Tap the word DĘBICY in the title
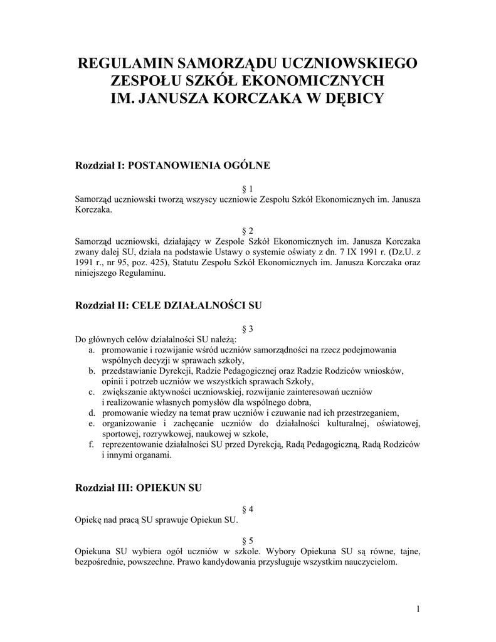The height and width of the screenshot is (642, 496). pyautogui.click(x=352, y=98)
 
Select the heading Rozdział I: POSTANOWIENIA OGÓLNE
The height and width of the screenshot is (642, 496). pyautogui.click(x=172, y=166)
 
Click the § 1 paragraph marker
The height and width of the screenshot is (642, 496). pyautogui.click(x=248, y=189)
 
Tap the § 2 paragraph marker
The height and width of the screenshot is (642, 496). pyautogui.click(x=248, y=230)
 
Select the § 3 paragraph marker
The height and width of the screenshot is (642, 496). pyautogui.click(x=248, y=329)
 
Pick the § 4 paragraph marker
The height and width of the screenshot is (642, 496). pyautogui.click(x=248, y=510)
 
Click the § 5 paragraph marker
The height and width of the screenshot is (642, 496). pyautogui.click(x=248, y=540)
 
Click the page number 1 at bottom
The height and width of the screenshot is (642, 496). pyautogui.click(x=418, y=608)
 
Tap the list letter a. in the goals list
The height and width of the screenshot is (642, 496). pyautogui.click(x=92, y=349)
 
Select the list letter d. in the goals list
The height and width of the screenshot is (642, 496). pyautogui.click(x=92, y=413)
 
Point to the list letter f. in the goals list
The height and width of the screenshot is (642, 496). pyautogui.click(x=92, y=445)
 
